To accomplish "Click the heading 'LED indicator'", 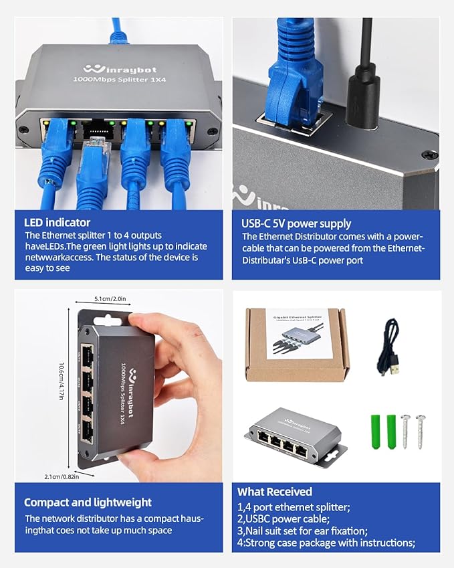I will [x=57, y=223].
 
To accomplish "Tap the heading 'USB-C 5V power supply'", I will [x=296, y=223].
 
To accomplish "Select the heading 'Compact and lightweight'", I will [x=88, y=502].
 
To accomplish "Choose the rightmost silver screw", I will [x=420, y=431].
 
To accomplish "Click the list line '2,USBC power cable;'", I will [x=283, y=518].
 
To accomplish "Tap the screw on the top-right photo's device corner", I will [x=430, y=155].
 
